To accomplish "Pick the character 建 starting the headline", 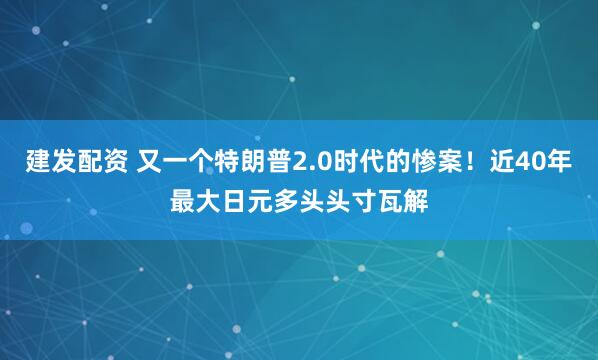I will [x=38, y=161].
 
